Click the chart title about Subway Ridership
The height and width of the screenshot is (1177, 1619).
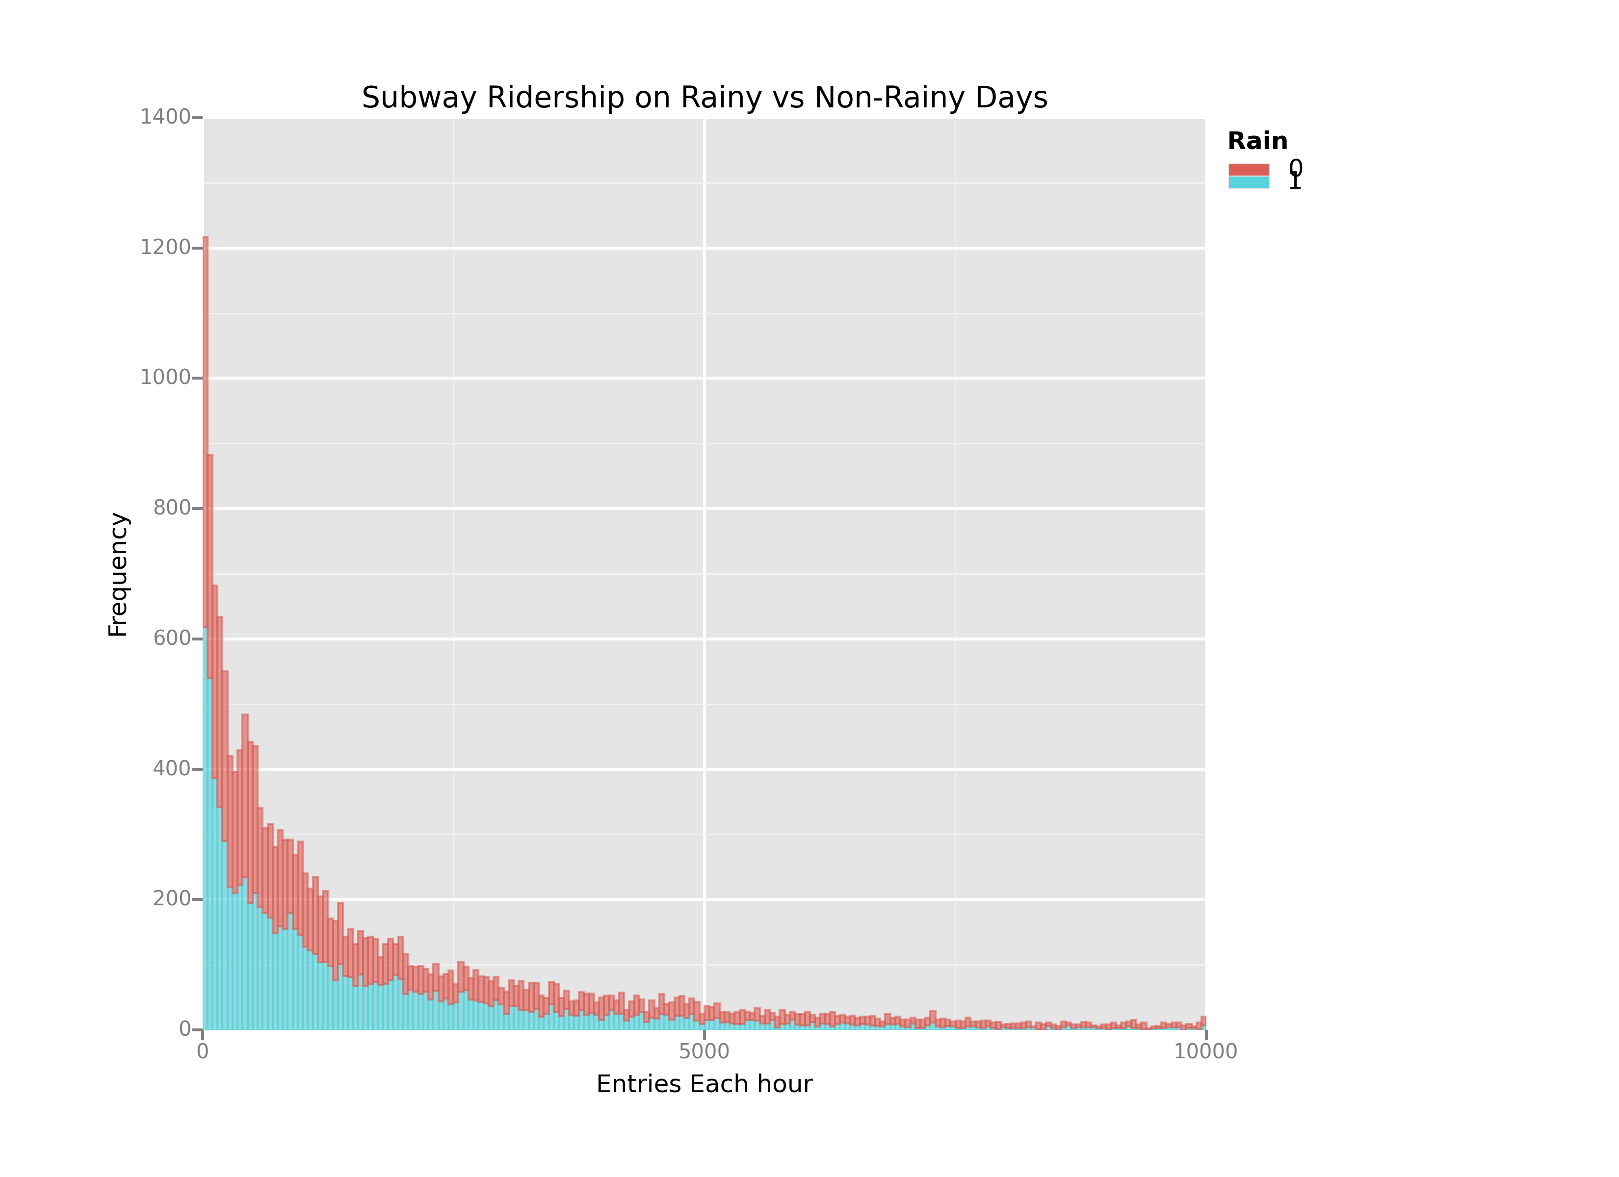[x=704, y=98]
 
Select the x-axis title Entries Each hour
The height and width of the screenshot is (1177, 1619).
[x=704, y=1084]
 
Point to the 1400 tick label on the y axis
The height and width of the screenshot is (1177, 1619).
[x=165, y=117]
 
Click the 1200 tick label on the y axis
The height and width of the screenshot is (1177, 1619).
[x=165, y=248]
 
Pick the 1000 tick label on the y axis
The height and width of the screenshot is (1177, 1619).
[x=165, y=378]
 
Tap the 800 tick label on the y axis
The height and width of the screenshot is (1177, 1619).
[x=171, y=508]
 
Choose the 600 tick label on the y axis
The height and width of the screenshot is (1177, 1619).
[x=171, y=638]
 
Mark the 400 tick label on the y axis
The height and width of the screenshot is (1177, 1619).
[x=171, y=768]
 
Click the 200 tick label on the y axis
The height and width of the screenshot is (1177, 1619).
[x=171, y=898]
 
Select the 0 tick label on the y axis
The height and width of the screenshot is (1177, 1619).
[x=185, y=1029]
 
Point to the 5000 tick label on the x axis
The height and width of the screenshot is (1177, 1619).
[x=704, y=1051]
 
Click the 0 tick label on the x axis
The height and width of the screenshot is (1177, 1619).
[x=203, y=1051]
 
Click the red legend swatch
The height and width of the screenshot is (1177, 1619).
[x=1249, y=170]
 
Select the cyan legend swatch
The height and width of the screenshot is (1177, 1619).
[x=1249, y=182]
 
